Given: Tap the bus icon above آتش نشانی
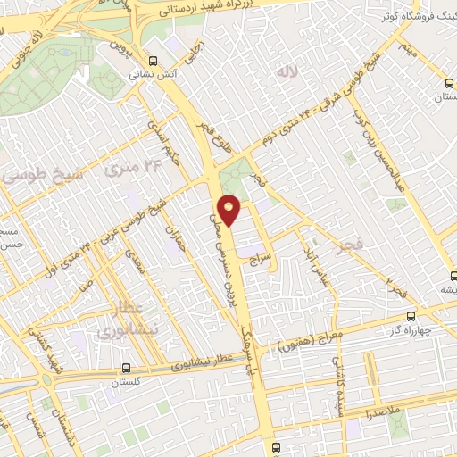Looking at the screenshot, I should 154,61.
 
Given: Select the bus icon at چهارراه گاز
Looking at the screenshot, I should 411,315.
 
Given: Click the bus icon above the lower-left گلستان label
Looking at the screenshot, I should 126,367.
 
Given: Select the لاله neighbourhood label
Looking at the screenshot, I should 286,71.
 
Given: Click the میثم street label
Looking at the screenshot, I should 409,46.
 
